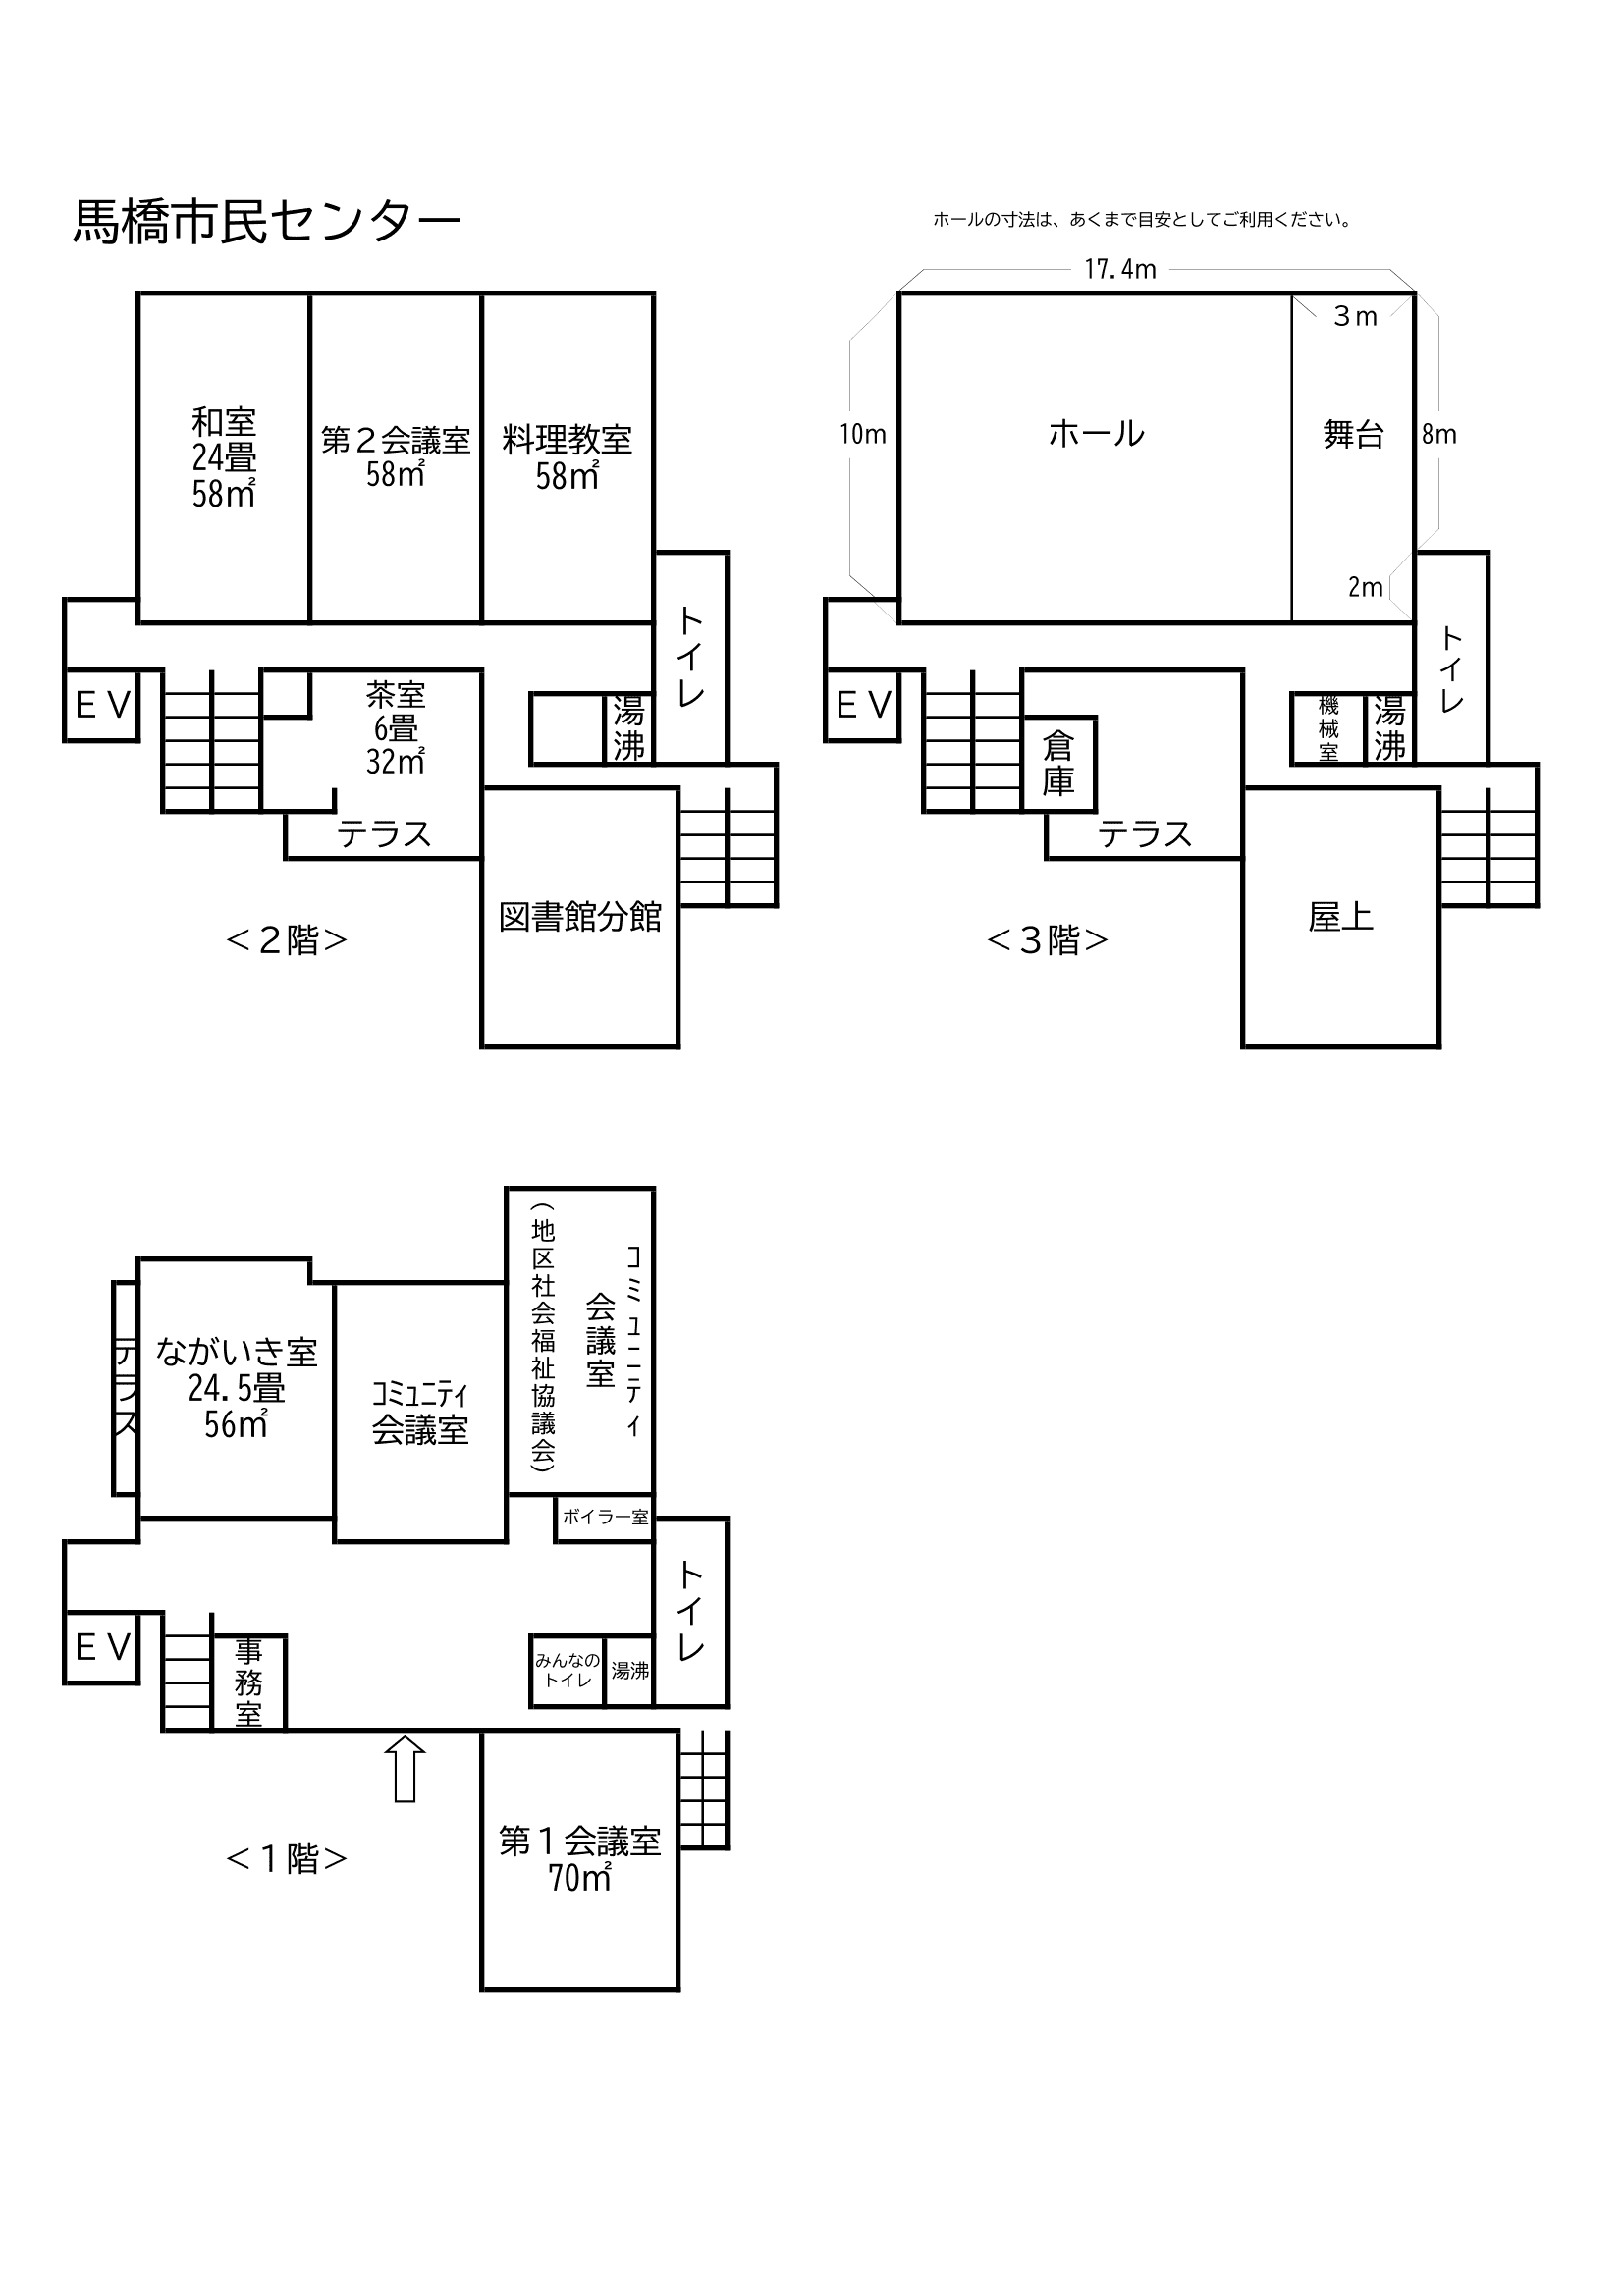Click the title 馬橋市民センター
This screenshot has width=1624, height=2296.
(x=267, y=222)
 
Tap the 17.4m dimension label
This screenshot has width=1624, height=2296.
(x=1120, y=269)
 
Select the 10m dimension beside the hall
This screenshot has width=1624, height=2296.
(x=863, y=434)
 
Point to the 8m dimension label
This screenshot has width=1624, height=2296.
(x=1439, y=434)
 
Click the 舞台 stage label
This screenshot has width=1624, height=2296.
(x=1353, y=434)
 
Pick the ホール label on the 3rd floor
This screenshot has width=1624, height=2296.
(x=1096, y=434)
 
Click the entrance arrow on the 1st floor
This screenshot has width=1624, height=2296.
(x=405, y=1769)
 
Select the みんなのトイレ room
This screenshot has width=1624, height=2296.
(x=567, y=1669)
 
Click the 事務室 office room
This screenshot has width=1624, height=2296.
(x=249, y=1682)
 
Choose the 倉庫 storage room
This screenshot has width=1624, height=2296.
(x=1059, y=764)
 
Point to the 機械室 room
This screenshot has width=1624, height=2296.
(x=1328, y=729)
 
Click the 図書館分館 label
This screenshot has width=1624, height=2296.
(x=580, y=917)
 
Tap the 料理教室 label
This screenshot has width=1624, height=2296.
(x=567, y=440)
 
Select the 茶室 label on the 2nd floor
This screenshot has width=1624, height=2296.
(x=396, y=694)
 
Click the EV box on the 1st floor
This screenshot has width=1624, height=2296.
(x=101, y=1647)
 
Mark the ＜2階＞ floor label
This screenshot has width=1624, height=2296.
(x=287, y=940)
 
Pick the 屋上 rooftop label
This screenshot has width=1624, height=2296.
(x=1340, y=917)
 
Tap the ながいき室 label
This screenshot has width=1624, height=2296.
(x=236, y=1352)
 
